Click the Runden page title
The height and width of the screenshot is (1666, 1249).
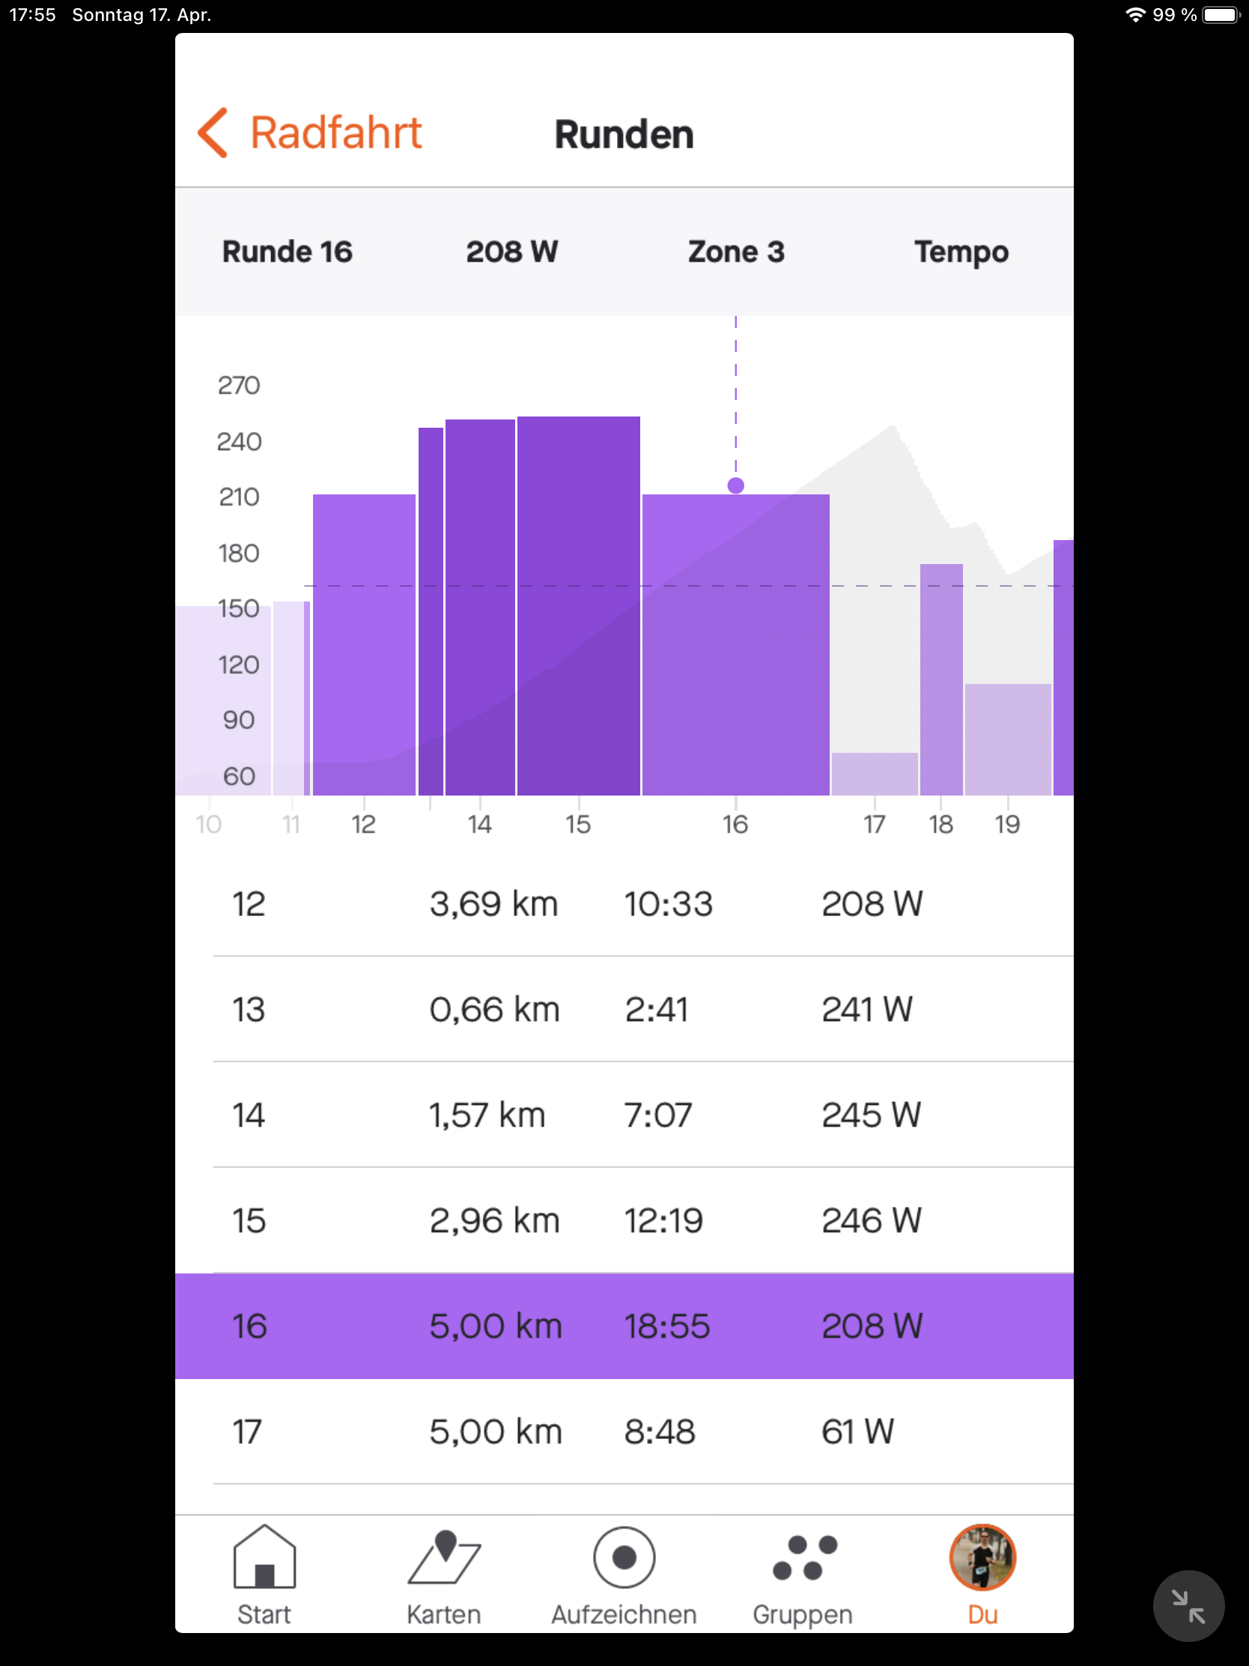pos(623,135)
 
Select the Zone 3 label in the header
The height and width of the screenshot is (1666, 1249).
pos(735,252)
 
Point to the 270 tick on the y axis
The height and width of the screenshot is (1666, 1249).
pos(239,386)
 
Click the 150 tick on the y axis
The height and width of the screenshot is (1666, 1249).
pos(239,608)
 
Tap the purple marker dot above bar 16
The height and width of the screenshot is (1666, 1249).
pos(735,485)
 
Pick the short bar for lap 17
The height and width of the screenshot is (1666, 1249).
pos(874,775)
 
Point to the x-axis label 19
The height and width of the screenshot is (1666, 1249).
pos(1006,825)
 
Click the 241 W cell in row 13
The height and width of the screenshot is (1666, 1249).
pos(866,1009)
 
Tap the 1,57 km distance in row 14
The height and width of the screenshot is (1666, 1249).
pos(487,1115)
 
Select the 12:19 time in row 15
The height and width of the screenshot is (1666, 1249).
pos(663,1220)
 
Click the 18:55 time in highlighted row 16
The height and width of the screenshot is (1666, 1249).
pos(666,1327)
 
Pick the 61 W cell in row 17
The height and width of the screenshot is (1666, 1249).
pos(857,1432)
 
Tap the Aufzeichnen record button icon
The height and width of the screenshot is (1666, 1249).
pos(623,1557)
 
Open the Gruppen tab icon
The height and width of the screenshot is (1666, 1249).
pos(803,1557)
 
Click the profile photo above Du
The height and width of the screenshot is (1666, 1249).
pos(982,1557)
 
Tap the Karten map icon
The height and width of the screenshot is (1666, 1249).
pos(443,1557)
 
